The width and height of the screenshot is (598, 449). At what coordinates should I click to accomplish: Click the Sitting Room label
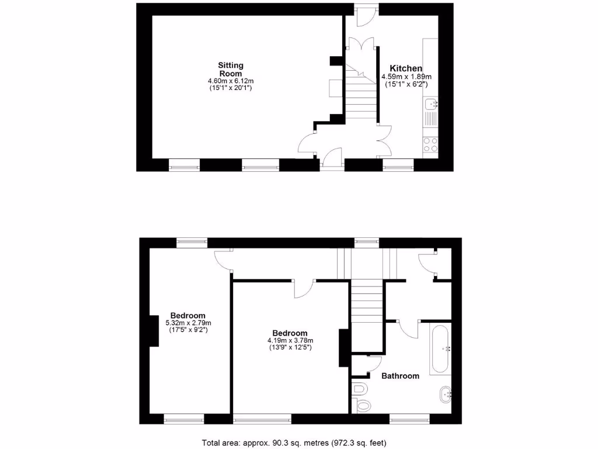231,69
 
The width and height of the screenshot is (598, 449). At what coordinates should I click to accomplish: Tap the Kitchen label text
406,68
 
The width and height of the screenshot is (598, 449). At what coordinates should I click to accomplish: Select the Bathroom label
400,376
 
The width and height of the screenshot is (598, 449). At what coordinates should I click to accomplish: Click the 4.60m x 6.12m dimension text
231,81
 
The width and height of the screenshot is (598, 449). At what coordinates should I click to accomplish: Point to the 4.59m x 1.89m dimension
406,77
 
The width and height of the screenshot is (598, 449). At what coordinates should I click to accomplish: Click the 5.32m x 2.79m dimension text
188,323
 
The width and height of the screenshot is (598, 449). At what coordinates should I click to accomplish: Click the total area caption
294,442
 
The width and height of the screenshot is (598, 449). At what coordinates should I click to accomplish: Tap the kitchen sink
431,105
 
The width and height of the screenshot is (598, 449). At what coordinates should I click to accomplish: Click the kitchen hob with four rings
430,144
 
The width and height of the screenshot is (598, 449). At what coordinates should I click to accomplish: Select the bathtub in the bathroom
439,350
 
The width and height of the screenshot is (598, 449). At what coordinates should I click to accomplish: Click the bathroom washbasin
447,394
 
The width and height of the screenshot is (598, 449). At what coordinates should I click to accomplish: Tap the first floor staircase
367,304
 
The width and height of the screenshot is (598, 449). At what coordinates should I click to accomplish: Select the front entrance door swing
332,157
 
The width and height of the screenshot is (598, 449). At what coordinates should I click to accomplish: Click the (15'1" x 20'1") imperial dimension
231,88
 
